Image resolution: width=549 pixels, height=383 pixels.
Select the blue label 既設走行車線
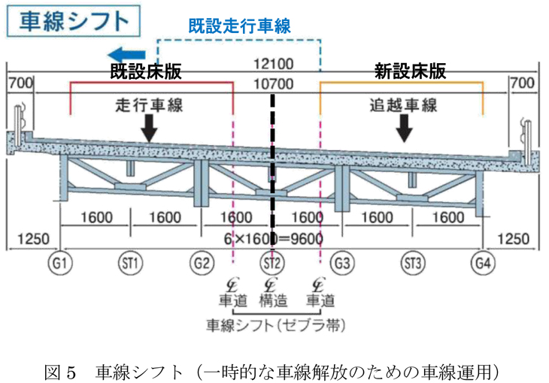[x=239, y=26]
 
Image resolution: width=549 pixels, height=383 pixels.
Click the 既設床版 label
[x=146, y=72]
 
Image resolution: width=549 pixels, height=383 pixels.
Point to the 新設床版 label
[x=410, y=72]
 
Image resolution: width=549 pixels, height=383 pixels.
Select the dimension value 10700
[x=274, y=85]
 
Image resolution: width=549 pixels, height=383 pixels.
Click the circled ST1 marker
[x=131, y=263]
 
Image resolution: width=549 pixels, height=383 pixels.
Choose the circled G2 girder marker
[x=202, y=263]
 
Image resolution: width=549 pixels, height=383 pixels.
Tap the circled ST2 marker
[x=272, y=263]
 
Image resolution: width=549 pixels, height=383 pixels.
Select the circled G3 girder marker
[x=343, y=263]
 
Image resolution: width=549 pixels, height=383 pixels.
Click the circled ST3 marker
[x=413, y=263]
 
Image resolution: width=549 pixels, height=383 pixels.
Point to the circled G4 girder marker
[x=483, y=263]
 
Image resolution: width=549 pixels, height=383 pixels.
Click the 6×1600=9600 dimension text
[x=274, y=239]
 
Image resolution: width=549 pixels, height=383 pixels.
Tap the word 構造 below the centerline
[x=273, y=301]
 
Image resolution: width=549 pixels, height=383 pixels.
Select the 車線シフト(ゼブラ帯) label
[x=274, y=324]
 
